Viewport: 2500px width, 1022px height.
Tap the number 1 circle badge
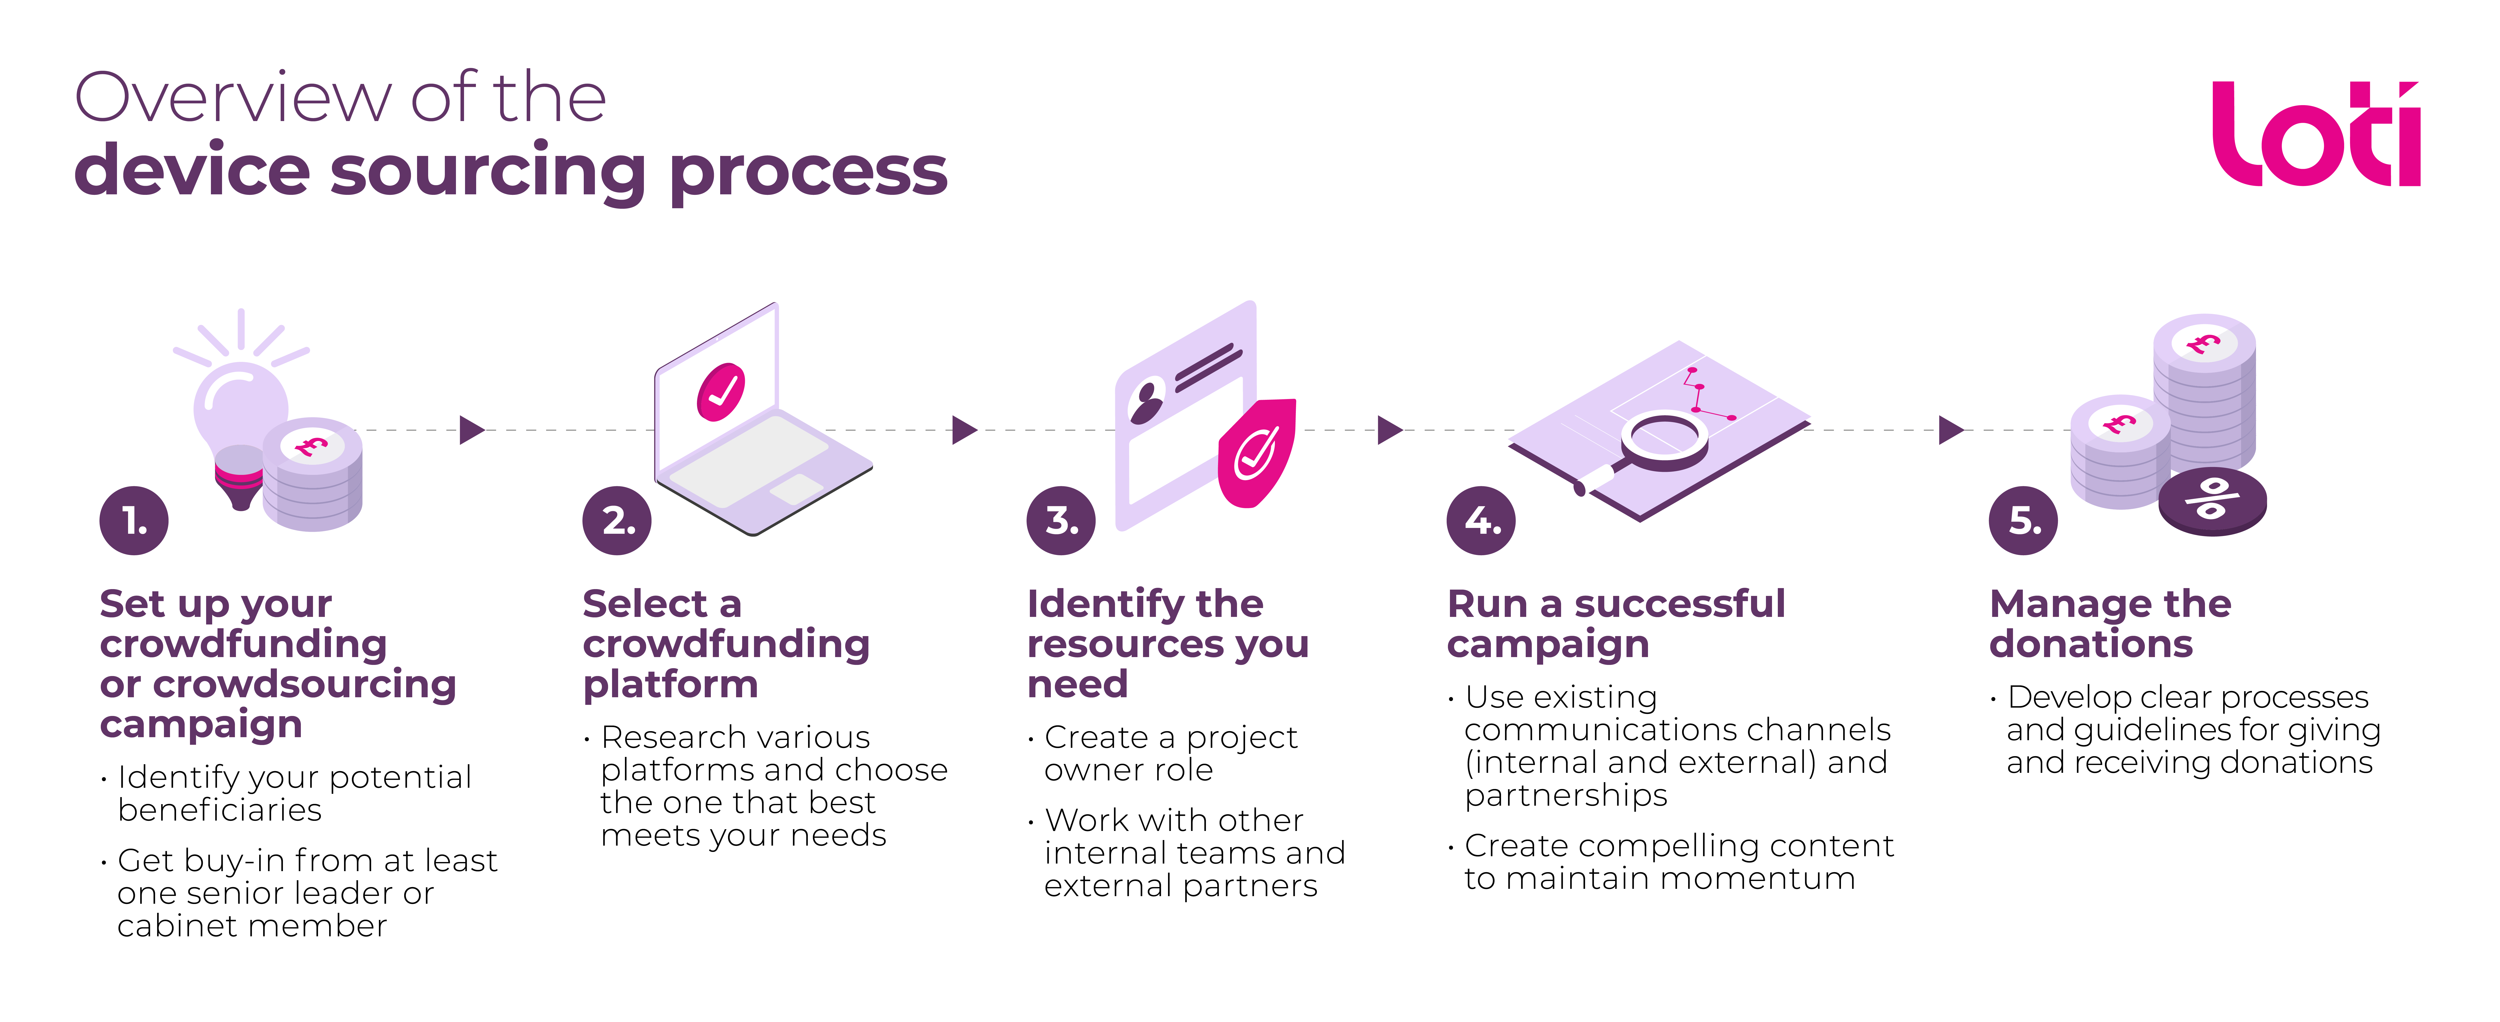coord(134,521)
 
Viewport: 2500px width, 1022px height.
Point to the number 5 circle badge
coord(2024,521)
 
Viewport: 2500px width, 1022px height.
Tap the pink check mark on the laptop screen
coord(721,392)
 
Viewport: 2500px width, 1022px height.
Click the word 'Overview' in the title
coord(233,98)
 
